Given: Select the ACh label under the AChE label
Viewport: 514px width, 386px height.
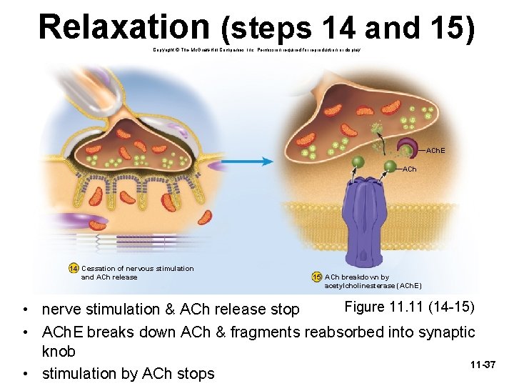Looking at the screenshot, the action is click(409, 169).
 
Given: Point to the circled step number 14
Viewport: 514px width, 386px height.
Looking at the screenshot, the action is click(74, 269).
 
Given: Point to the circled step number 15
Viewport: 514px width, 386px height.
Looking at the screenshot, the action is click(317, 277).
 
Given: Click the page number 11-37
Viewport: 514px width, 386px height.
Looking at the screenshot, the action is click(483, 365).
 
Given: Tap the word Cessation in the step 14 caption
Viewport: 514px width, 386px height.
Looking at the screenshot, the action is click(100, 269).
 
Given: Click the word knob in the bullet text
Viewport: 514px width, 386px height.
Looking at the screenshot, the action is click(60, 352).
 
